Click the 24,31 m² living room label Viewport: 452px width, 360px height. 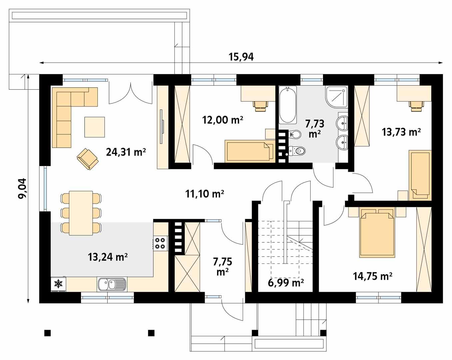126,152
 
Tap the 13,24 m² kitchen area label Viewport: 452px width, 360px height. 108,257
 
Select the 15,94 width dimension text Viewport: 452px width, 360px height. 241,57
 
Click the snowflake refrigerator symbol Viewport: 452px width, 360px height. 59,284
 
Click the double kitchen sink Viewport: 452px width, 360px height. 112,284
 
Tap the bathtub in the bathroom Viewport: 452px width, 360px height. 288,105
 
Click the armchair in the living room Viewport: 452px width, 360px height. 88,159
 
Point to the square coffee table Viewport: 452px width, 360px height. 94,127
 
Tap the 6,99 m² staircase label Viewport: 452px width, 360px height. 286,283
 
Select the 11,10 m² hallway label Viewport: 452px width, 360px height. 204,193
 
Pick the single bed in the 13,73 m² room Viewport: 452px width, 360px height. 420,175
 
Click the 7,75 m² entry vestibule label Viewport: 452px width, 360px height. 222,266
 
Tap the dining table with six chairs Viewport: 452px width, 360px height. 81,213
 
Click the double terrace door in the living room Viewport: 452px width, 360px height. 131,93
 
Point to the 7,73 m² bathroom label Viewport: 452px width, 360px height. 315,129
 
